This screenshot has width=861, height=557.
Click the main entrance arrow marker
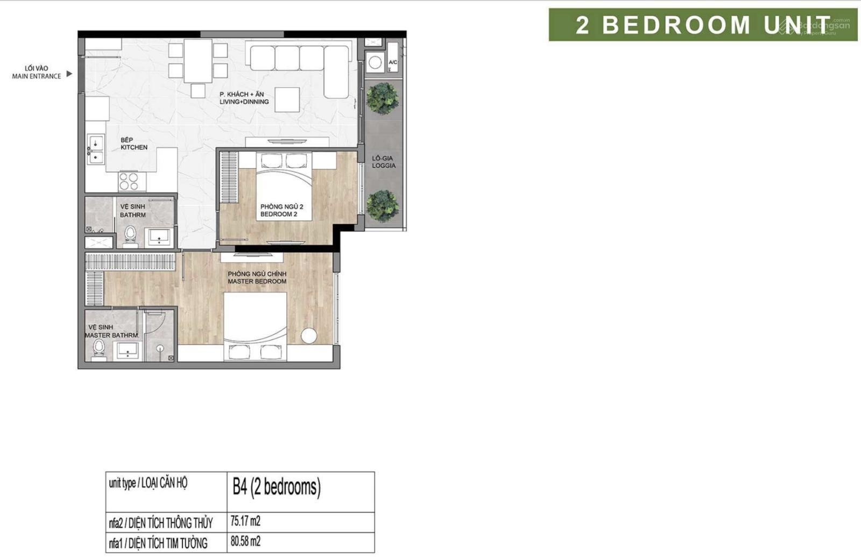(x=69, y=74)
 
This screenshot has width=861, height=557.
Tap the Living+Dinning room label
(x=244, y=98)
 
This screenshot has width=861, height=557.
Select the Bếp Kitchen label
(x=134, y=144)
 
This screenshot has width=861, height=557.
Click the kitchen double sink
(x=95, y=149)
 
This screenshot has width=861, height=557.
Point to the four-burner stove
(x=129, y=182)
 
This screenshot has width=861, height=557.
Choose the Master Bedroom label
(x=257, y=278)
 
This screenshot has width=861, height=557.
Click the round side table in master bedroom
(x=309, y=335)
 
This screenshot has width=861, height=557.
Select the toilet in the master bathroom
(x=99, y=349)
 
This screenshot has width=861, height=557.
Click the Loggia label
(x=384, y=162)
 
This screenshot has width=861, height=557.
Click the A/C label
(x=393, y=62)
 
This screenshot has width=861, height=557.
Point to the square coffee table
(x=287, y=99)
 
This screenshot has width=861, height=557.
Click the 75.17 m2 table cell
(x=301, y=522)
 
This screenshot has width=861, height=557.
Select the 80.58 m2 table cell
(x=301, y=542)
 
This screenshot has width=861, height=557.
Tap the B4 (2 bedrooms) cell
(x=301, y=492)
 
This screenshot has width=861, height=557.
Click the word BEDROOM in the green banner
(x=676, y=25)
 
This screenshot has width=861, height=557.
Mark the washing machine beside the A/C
(x=375, y=62)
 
